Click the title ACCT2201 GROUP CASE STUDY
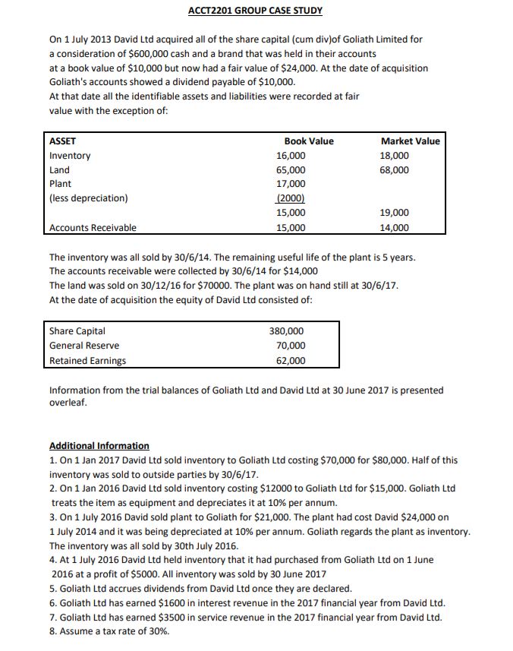(x=255, y=11)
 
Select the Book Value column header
(x=308, y=141)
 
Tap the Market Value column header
(x=410, y=141)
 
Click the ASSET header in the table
(x=61, y=141)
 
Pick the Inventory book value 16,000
(x=291, y=156)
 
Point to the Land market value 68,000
(x=395, y=170)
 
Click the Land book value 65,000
(x=291, y=170)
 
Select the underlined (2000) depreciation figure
(x=291, y=198)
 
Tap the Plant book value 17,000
(x=291, y=184)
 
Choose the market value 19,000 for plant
(x=395, y=213)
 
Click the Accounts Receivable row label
(x=93, y=228)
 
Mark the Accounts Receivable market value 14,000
(x=395, y=228)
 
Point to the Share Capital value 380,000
(x=288, y=331)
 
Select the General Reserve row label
(x=84, y=346)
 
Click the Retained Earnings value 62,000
(x=291, y=361)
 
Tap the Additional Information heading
(x=99, y=446)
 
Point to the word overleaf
(x=68, y=403)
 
